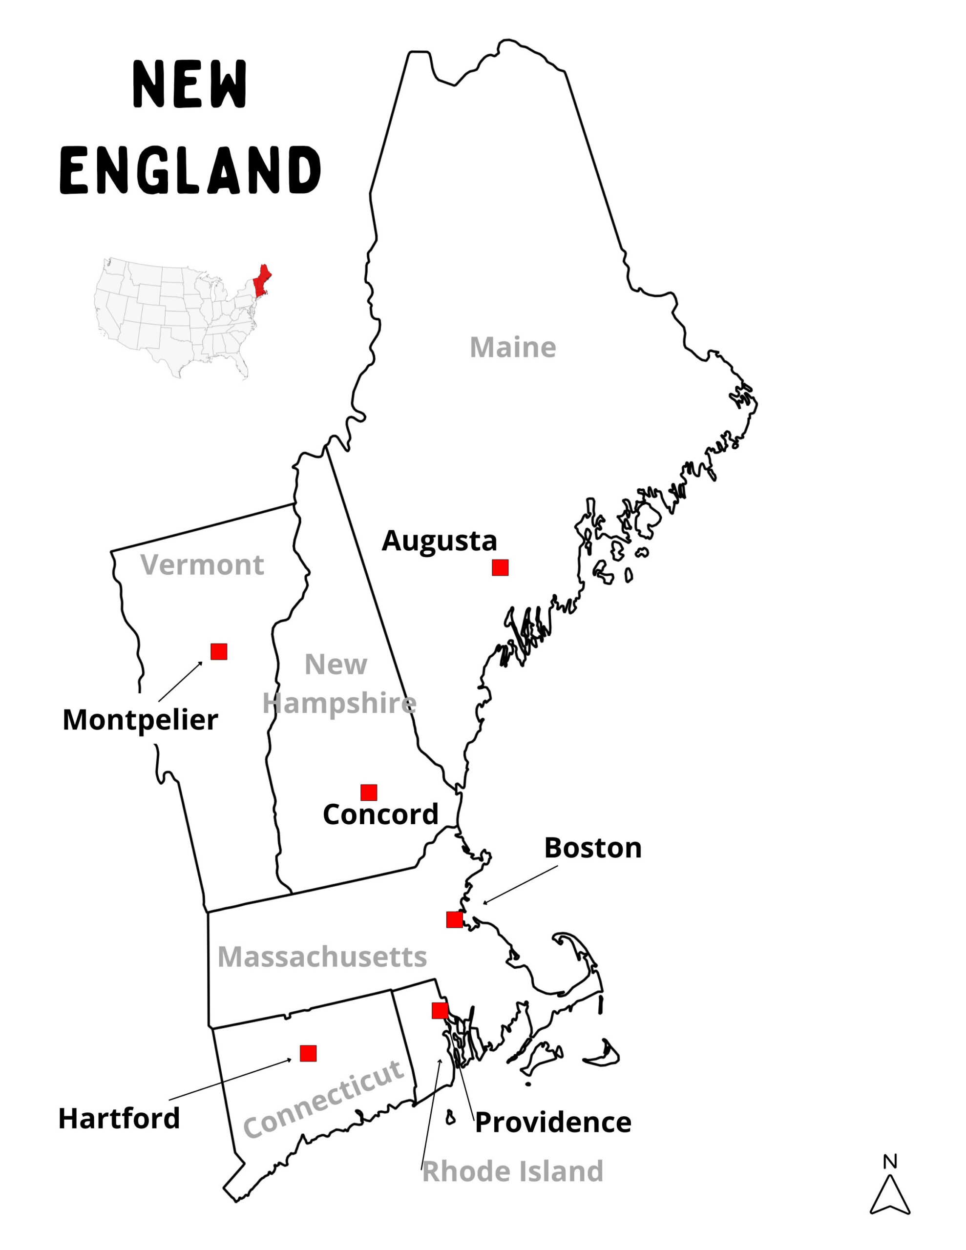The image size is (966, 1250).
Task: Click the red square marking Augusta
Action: click(500, 567)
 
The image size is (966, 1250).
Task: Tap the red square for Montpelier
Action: click(219, 651)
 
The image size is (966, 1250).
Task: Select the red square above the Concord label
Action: click(369, 792)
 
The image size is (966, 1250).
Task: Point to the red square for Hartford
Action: click(308, 1053)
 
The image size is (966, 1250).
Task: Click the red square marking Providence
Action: click(440, 1011)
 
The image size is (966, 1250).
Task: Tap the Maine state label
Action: click(512, 348)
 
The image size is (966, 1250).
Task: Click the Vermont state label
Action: click(202, 565)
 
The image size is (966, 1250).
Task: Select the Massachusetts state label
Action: click(322, 957)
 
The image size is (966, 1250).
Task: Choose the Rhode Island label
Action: click(512, 1171)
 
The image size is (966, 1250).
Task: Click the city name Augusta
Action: click(439, 541)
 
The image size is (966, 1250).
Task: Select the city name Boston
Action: click(593, 848)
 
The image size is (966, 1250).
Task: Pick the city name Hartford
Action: click(119, 1118)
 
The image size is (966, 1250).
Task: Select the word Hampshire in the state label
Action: click(339, 704)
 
